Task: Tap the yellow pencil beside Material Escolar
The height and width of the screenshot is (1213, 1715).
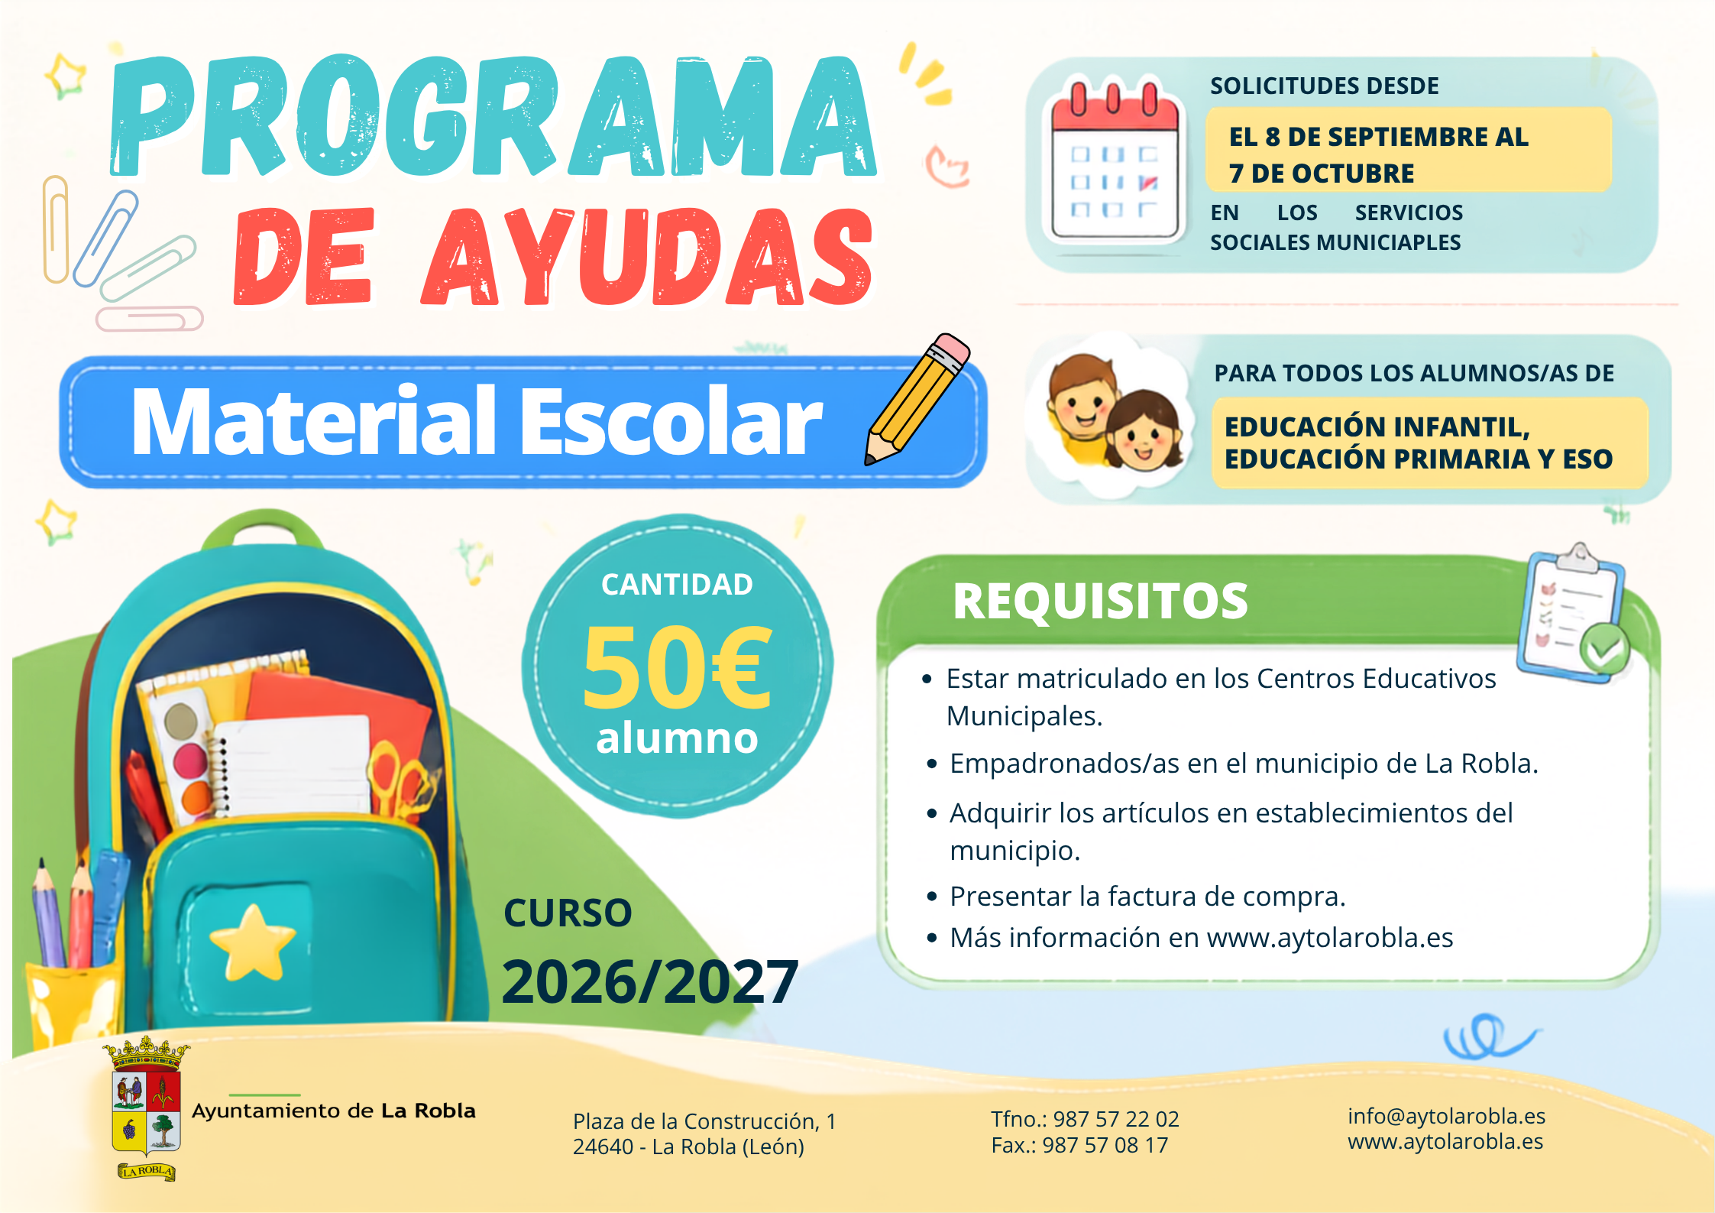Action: point(917,399)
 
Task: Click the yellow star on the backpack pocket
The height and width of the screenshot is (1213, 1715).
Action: point(253,942)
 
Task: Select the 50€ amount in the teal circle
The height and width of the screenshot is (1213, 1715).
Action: point(677,666)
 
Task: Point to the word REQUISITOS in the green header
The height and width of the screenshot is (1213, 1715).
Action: point(1100,601)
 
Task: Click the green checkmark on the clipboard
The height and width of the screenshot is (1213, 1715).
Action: point(1604,650)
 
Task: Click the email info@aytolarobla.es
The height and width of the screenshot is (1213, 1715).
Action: point(1446,1116)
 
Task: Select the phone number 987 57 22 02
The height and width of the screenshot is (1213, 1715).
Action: point(1116,1119)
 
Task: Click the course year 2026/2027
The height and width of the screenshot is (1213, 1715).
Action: point(650,982)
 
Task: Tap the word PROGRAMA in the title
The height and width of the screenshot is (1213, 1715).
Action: point(493,116)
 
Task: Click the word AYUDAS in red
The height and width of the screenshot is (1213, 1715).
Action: point(647,257)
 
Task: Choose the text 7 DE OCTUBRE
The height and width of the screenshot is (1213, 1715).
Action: point(1322,174)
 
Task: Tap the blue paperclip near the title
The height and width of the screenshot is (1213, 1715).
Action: point(107,238)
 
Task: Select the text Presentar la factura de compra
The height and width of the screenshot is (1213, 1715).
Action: point(1147,897)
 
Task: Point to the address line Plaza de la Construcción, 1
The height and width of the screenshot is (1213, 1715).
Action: point(704,1121)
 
